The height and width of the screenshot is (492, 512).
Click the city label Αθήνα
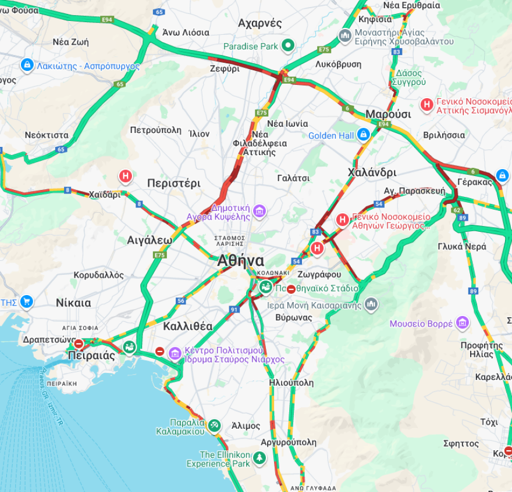click(x=240, y=261)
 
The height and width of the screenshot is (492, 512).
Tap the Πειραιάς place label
click(x=91, y=355)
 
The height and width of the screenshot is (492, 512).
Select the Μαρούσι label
click(x=387, y=114)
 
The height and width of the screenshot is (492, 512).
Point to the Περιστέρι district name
click(x=173, y=184)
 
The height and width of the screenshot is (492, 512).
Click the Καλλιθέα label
click(x=187, y=325)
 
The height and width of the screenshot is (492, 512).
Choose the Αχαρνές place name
click(x=259, y=23)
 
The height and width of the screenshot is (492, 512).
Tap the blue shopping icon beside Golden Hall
click(x=364, y=135)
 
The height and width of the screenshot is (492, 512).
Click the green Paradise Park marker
click(x=287, y=45)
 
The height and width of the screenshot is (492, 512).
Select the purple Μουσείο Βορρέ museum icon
click(x=463, y=323)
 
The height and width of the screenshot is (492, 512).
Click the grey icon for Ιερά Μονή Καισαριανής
click(x=371, y=304)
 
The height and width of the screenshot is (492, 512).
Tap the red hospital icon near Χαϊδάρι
click(x=125, y=176)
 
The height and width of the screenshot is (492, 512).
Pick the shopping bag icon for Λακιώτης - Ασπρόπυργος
click(x=26, y=65)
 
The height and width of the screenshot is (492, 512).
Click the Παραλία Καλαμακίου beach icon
click(x=215, y=426)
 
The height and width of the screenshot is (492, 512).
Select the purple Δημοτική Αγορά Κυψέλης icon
click(x=259, y=210)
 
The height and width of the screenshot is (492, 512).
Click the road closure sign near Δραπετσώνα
click(x=79, y=344)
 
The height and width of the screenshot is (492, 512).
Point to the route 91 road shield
click(x=234, y=310)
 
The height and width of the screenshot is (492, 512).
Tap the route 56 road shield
click(x=181, y=300)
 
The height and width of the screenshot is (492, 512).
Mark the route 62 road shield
click(x=456, y=210)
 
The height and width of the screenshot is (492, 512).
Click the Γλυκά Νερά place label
click(x=462, y=246)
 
